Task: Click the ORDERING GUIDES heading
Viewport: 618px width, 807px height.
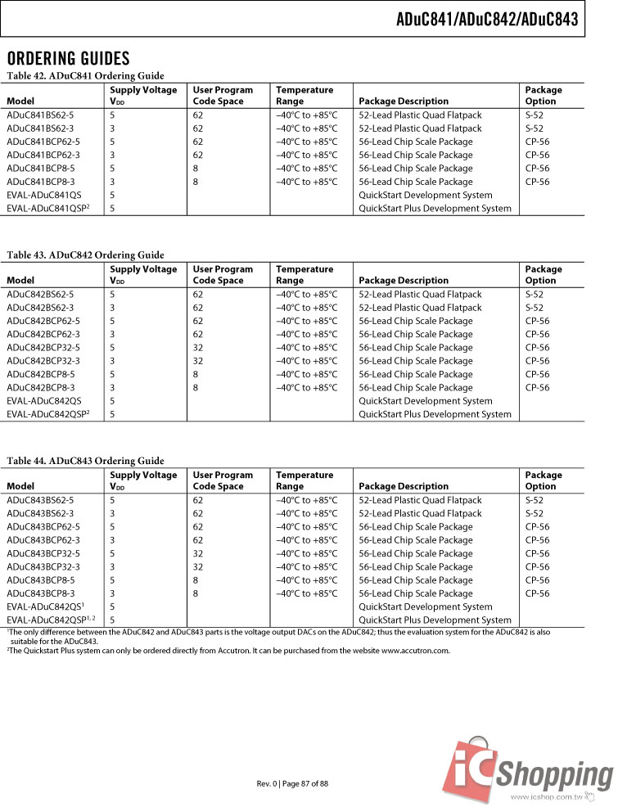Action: pyautogui.click(x=69, y=58)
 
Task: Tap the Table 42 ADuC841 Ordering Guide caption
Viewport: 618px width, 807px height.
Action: pyautogui.click(x=86, y=75)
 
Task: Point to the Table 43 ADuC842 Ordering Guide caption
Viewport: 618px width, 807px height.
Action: pyautogui.click(x=86, y=255)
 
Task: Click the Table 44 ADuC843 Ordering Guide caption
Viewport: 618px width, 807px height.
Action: pyautogui.click(x=86, y=461)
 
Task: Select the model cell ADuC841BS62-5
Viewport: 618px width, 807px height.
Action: pyautogui.click(x=40, y=115)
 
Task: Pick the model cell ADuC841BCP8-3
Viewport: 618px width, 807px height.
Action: pyautogui.click(x=41, y=182)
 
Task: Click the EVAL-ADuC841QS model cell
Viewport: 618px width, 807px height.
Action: pyautogui.click(x=44, y=195)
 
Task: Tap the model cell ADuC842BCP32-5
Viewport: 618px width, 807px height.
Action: pyautogui.click(x=43, y=348)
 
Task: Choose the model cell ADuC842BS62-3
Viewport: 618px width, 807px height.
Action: pyautogui.click(x=40, y=308)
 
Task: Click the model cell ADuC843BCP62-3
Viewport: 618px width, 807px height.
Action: pyautogui.click(x=43, y=540)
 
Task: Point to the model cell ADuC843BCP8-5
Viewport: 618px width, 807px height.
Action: pyautogui.click(x=41, y=580)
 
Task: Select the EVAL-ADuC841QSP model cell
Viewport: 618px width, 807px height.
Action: pyautogui.click(x=47, y=209)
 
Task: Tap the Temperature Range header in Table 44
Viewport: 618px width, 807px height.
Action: pyautogui.click(x=304, y=480)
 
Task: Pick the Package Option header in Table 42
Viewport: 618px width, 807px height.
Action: pyautogui.click(x=544, y=96)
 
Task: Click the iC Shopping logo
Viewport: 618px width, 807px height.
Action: pyautogui.click(x=527, y=766)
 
